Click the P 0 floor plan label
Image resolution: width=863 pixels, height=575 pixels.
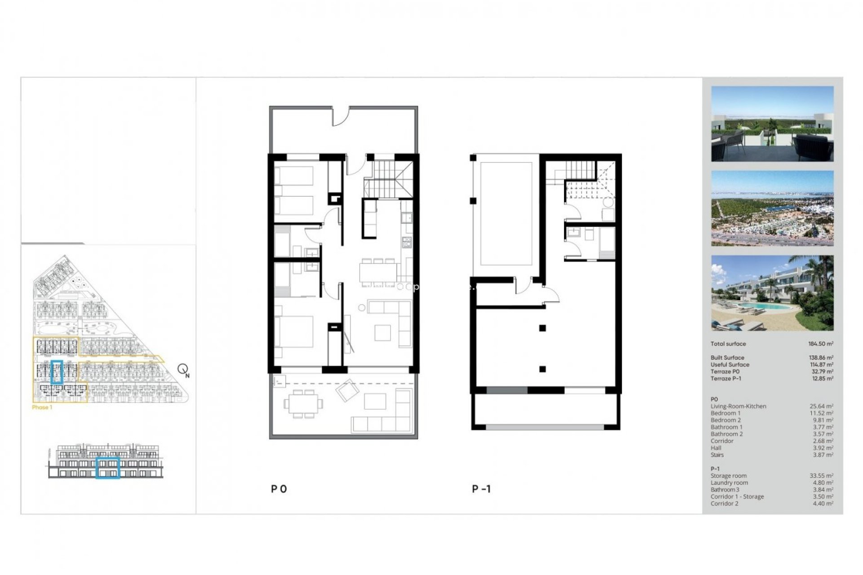tap(279, 489)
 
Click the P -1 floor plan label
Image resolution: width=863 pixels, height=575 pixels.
tap(481, 489)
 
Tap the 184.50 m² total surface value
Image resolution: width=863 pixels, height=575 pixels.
tap(820, 344)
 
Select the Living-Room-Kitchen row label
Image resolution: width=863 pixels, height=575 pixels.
tap(738, 406)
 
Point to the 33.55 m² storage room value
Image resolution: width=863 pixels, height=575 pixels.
tap(821, 476)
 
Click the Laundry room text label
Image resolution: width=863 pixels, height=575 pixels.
tap(729, 482)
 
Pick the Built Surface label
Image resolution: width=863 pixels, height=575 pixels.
tap(727, 358)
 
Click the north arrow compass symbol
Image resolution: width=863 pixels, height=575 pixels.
tap(183, 370)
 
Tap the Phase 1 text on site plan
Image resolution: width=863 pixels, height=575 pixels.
tap(42, 407)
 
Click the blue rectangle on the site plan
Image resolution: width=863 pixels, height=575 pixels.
tap(57, 372)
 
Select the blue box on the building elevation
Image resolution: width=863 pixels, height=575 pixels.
tap(108, 468)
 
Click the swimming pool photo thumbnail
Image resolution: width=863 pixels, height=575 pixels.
tap(772, 293)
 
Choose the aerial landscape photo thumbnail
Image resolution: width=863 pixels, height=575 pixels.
tap(772, 208)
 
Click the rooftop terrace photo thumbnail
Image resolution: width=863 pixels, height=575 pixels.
tap(772, 124)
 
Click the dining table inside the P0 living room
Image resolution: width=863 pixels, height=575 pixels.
tap(378, 271)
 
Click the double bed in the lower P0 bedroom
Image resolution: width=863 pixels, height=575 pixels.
tap(294, 332)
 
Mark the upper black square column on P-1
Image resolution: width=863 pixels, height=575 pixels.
tap(543, 328)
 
